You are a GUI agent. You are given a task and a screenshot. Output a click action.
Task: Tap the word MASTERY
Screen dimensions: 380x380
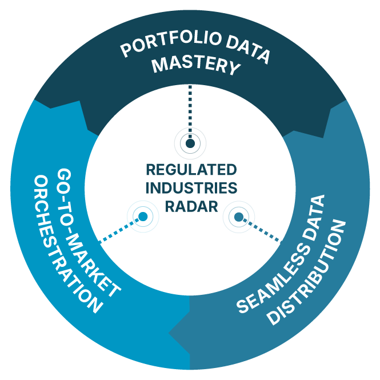(197, 64)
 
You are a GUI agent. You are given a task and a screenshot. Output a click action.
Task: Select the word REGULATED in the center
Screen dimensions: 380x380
(191, 170)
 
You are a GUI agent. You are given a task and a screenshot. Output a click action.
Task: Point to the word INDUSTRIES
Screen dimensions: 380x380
(191, 188)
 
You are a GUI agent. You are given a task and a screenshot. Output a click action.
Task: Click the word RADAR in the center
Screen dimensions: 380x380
(191, 206)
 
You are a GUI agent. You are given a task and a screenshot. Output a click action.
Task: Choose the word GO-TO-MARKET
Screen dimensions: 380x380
(89, 233)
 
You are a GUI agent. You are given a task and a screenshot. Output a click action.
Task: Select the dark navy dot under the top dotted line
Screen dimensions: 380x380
(190, 143)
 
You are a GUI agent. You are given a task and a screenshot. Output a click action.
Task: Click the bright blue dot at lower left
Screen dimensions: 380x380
(143, 216)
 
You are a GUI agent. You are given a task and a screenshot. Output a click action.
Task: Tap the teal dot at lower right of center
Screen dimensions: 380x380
(239, 217)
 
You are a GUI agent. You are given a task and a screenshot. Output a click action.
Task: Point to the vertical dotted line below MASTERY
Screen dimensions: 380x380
(190, 112)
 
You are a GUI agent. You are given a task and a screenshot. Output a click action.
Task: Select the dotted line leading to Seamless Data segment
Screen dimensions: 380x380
(262, 230)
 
